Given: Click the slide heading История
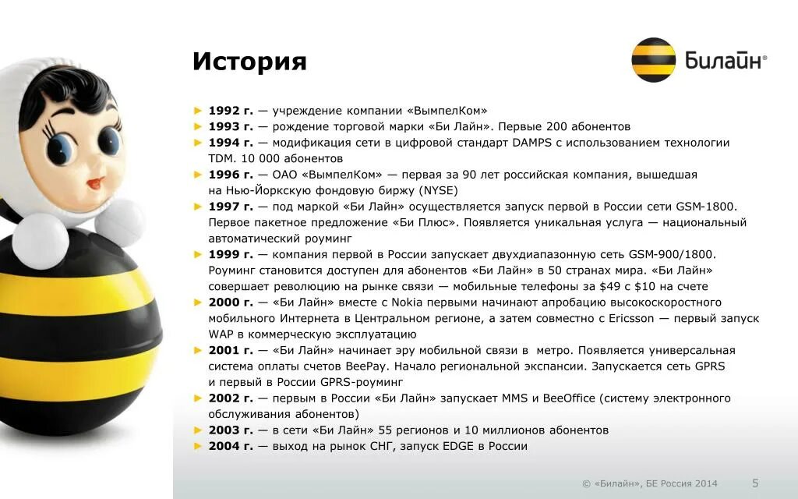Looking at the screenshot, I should coord(249,62).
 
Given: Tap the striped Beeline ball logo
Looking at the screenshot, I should coord(653,60).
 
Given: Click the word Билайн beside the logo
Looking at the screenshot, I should coord(722,60).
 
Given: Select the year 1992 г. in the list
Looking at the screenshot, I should coord(231,111).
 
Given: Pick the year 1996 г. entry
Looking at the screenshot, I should coord(231,175).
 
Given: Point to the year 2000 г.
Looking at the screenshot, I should coord(231,302).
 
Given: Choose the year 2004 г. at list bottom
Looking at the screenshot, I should coord(231,446).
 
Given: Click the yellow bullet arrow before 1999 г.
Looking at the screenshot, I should coord(198,254).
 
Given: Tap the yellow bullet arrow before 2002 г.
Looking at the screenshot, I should coord(198,398).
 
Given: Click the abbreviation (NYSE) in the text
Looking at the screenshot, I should coord(439,190).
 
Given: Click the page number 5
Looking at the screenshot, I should coord(755,482).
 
